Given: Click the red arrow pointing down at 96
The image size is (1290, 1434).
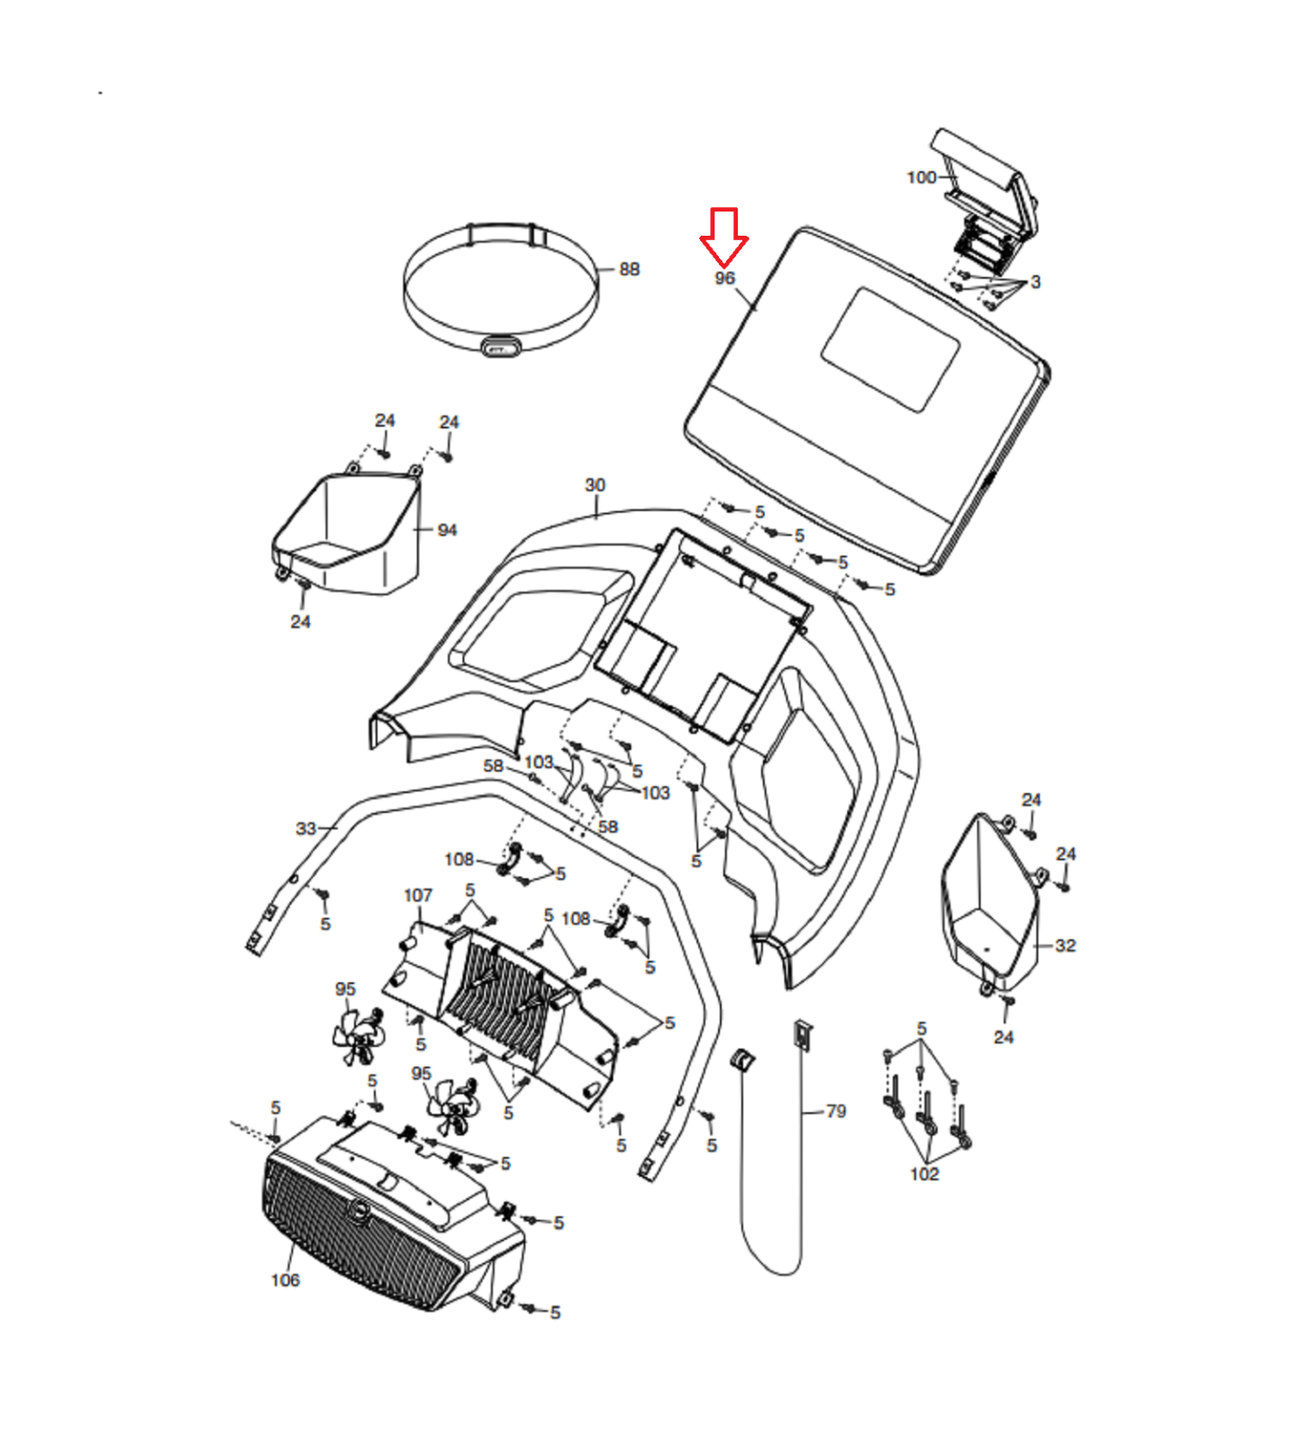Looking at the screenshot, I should tap(723, 235).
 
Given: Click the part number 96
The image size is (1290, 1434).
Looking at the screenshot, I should tap(724, 279).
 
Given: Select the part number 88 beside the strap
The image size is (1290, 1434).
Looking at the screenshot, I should tap(629, 269).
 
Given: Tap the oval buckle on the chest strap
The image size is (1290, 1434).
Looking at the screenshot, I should tap(501, 347).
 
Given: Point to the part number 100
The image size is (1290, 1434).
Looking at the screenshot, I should tap(921, 177).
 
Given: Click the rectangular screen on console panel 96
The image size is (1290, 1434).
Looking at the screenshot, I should tap(890, 350).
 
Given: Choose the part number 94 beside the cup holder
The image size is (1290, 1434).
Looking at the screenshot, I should tap(447, 531).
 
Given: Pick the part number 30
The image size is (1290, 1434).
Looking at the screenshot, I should tap(595, 485).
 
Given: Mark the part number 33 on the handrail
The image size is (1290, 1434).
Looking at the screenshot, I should tap(307, 828).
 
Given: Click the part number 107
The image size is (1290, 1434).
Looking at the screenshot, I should tap(418, 895).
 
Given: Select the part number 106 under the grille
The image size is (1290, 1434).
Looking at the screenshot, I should tap(285, 1280).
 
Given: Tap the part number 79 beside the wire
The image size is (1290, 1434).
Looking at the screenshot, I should tap(835, 1111).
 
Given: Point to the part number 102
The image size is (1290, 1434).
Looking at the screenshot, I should tap(924, 1174).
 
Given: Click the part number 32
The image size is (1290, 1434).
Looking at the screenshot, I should tap(1065, 946).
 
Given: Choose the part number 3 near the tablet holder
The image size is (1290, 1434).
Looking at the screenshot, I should tap(1035, 282).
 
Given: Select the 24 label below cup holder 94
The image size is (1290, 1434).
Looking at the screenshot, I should tap(300, 622).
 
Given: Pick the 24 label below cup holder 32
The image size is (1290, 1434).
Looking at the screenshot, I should tap(1003, 1037).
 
